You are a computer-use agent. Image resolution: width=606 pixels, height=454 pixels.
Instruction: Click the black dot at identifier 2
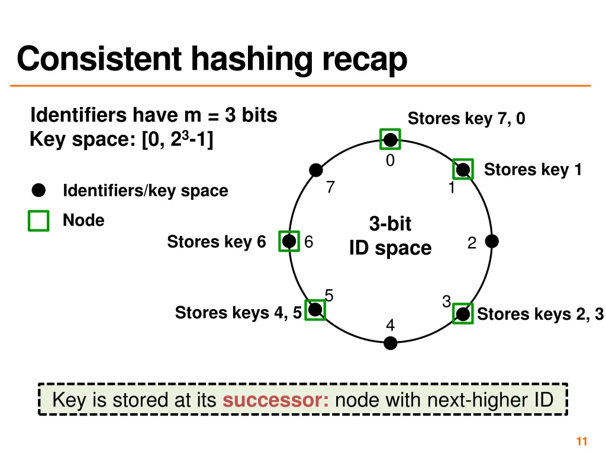(492, 241)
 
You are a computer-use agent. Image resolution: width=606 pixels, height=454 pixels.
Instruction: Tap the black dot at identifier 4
(391, 343)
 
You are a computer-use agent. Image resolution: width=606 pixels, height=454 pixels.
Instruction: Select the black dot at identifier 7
(317, 170)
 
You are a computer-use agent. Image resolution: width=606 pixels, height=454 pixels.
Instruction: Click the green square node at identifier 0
(390, 140)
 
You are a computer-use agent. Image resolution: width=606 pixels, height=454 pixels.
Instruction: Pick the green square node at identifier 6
(289, 241)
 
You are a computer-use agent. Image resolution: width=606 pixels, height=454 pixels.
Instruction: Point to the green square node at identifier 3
(463, 314)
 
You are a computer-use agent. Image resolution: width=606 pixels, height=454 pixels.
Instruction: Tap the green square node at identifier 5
(315, 310)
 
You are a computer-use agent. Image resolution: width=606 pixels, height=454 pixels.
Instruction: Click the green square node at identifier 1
(463, 170)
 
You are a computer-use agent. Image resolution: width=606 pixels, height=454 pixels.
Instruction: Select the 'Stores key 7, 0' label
(466, 119)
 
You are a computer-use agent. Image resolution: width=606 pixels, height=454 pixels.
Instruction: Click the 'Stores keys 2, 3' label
(540, 314)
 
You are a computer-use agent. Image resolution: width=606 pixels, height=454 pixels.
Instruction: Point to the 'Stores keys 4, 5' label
(238, 312)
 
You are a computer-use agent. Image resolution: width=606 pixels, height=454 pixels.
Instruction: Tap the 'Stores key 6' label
(216, 242)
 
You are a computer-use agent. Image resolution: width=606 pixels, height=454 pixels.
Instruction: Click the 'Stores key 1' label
(533, 170)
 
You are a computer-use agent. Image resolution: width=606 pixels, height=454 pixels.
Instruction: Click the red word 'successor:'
(276, 400)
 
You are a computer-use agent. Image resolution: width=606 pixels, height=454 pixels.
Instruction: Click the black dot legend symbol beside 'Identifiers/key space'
(38, 190)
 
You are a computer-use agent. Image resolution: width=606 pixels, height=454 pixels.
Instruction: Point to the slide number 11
(581, 441)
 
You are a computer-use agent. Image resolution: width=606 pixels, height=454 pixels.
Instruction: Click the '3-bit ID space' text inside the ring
(390, 236)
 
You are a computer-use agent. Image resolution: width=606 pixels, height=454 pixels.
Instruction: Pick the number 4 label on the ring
(390, 325)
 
